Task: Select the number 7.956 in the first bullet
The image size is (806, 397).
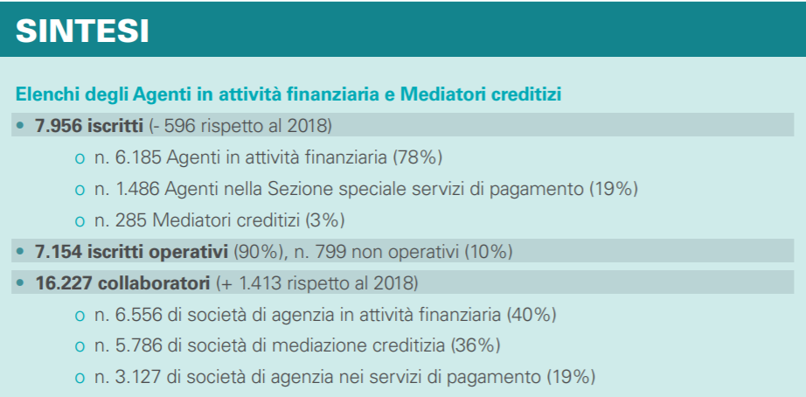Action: tap(57, 125)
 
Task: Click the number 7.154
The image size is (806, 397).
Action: tap(57, 252)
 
